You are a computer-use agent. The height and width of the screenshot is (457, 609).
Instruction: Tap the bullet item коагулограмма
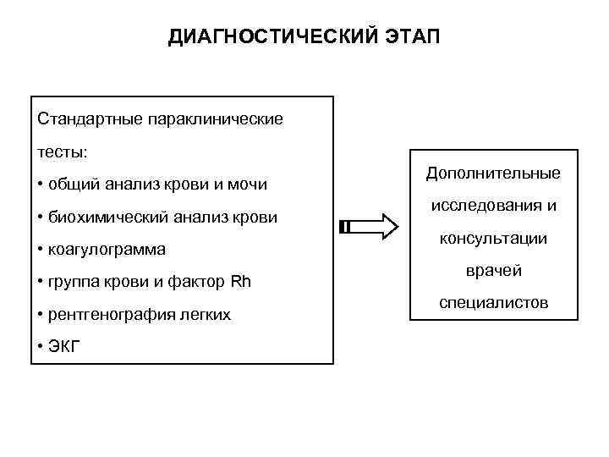107,250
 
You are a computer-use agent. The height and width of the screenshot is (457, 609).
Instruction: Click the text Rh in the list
241,282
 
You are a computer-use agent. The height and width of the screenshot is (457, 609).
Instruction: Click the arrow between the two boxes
370,228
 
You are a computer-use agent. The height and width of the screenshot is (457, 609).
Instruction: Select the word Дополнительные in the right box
493,173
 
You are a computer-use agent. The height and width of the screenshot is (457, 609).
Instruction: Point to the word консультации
493,239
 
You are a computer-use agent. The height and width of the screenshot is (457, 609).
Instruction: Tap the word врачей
493,271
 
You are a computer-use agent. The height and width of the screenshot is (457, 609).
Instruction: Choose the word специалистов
493,302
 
